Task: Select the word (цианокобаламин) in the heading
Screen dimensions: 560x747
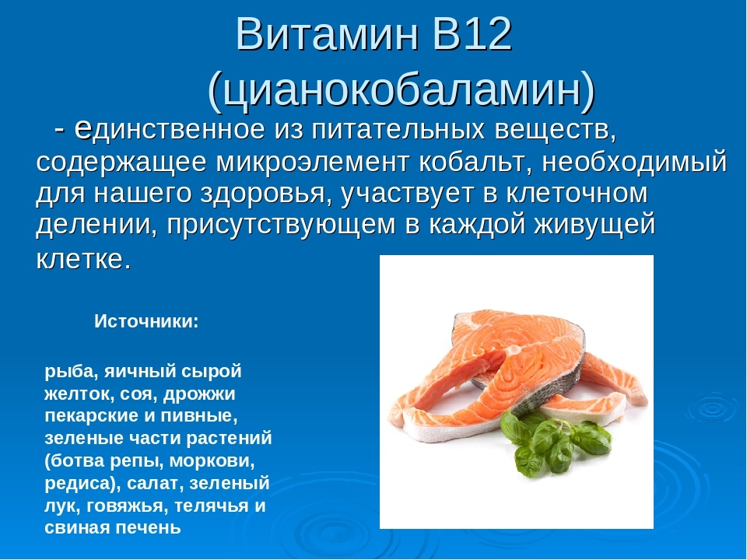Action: click(x=401, y=89)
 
